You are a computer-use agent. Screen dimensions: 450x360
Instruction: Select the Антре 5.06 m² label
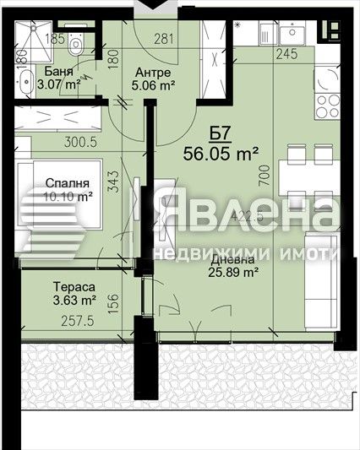(x=152, y=79)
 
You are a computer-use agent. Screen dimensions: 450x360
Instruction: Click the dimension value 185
(x=56, y=39)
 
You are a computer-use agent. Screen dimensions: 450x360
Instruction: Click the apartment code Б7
(x=220, y=133)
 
